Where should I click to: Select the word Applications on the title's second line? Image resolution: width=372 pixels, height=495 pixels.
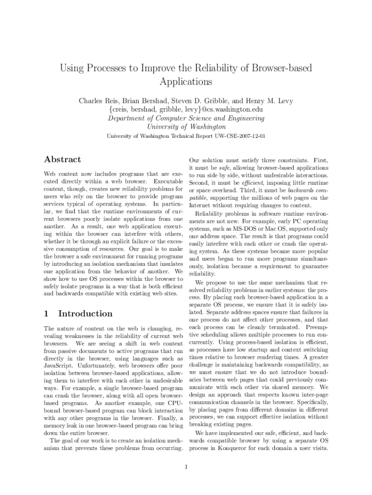click(186, 82)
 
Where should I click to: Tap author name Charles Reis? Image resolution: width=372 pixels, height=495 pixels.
click(99, 101)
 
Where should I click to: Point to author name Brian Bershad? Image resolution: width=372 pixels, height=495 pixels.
click(147, 101)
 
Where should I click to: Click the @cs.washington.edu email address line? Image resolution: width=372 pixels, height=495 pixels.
click(186, 110)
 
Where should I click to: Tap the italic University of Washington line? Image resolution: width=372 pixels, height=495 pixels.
click(186, 127)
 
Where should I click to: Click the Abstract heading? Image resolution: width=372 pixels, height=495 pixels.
click(62, 160)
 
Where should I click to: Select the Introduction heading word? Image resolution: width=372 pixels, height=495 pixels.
click(85, 314)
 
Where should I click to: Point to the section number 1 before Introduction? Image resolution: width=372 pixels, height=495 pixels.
click(46, 314)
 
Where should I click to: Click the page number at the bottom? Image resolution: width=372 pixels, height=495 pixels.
click(186, 466)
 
